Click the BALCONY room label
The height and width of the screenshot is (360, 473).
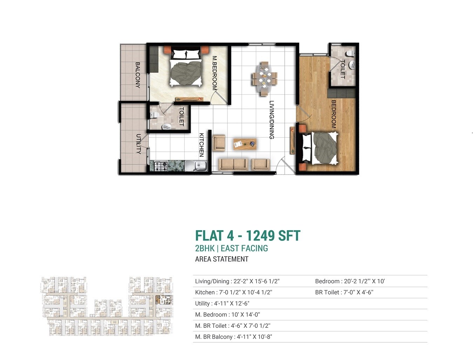pos(137,75)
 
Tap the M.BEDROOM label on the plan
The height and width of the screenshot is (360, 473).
pos(215,73)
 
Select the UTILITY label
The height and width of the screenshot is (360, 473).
pos(138,144)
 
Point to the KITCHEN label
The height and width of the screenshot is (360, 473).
pos(202,144)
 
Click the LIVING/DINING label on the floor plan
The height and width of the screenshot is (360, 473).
pos(271,120)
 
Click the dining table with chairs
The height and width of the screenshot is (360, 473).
pos(264,78)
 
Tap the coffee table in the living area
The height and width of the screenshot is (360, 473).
pos(245,144)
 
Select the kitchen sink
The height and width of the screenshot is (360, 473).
pos(196,166)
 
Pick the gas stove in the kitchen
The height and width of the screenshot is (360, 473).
pos(161,166)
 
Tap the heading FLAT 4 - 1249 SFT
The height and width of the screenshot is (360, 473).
pos(248,236)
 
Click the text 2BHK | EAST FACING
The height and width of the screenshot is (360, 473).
pos(231,248)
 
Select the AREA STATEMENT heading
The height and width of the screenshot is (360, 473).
pos(222,259)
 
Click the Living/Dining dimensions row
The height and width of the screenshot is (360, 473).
pos(237,281)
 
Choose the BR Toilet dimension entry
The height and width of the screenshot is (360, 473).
pos(344,292)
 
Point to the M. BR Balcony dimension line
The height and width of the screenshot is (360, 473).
pos(234,337)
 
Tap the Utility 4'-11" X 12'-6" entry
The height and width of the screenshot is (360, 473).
pos(222,304)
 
